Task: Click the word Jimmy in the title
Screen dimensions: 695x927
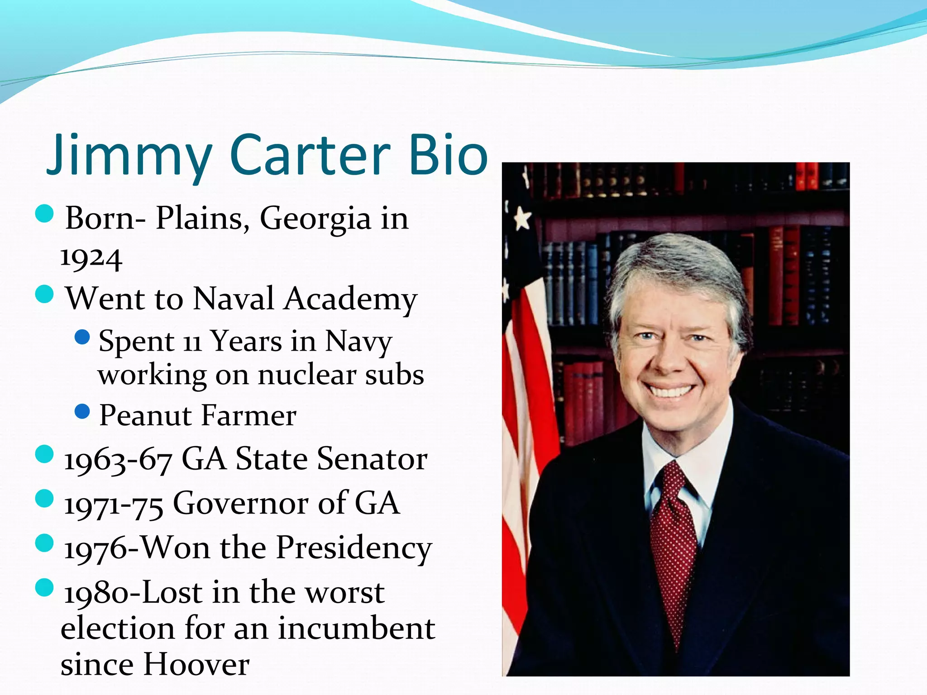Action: pyautogui.click(x=129, y=155)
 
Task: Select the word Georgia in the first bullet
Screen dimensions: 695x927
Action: pyautogui.click(x=315, y=219)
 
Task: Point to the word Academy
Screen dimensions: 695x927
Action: pyautogui.click(x=350, y=299)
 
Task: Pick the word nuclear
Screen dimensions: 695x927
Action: pyautogui.click(x=307, y=375)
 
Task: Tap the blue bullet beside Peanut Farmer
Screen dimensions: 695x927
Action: pyautogui.click(x=82, y=412)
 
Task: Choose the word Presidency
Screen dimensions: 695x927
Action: pyautogui.click(x=354, y=548)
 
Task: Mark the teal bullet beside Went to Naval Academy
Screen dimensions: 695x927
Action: pyautogui.click(x=44, y=295)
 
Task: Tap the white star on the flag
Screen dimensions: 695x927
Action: pyautogui.click(x=523, y=219)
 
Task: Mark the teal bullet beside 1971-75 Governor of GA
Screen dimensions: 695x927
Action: pyautogui.click(x=44, y=499)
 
